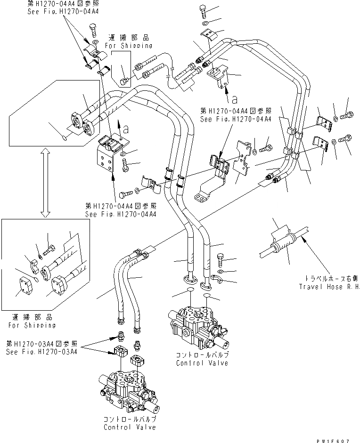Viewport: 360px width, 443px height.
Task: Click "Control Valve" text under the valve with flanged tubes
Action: (202, 363)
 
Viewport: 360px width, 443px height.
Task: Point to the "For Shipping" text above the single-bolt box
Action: (130, 46)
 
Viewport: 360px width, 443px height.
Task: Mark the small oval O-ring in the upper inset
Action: (65, 138)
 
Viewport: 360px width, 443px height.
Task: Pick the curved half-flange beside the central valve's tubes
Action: (217, 282)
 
